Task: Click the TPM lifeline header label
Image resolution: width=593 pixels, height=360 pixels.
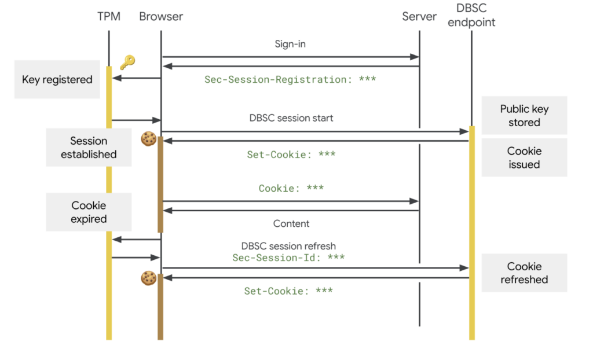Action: pos(108,17)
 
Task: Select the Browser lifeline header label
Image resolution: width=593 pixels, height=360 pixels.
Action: pos(161,17)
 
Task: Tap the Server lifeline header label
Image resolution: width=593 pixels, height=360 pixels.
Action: pos(419,17)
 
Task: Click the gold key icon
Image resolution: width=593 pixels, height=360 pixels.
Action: pos(127,63)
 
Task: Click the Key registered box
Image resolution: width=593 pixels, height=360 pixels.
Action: pos(57,80)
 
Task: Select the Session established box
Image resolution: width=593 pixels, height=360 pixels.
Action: pos(89,148)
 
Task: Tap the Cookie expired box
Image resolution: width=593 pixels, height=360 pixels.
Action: pos(89,212)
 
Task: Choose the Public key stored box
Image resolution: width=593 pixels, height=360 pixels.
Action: pos(524,116)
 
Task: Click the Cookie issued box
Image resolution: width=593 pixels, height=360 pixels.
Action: pos(524,157)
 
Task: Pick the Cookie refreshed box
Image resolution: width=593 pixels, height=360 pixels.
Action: pos(524,273)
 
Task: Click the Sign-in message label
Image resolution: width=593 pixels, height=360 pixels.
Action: pos(290,44)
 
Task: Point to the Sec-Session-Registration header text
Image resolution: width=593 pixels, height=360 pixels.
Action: pos(290,79)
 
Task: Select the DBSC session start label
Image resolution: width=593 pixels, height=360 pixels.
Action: pos(291,118)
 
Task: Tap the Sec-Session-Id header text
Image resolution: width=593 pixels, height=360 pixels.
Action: pos(288,258)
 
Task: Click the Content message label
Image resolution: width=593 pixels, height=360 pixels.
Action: pos(291,223)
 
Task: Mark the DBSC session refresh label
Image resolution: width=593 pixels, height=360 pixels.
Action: pos(288,246)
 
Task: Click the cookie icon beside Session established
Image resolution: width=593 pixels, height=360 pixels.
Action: pos(149,138)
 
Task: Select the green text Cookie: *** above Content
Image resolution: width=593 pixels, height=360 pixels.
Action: pos(291,188)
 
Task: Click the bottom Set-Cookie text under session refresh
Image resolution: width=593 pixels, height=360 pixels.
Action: pos(288,291)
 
